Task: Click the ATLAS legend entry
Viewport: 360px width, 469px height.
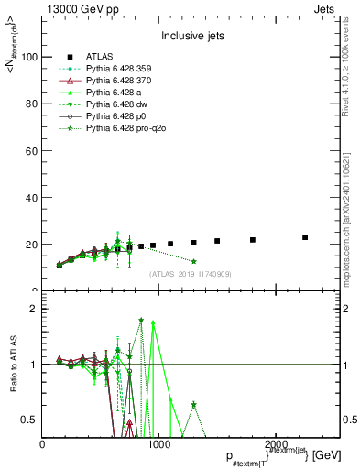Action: point(100,57)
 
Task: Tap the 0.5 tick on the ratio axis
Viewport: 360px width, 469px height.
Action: point(30,420)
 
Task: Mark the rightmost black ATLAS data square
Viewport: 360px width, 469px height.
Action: point(305,237)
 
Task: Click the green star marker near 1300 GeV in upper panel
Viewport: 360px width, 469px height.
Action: point(193,261)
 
